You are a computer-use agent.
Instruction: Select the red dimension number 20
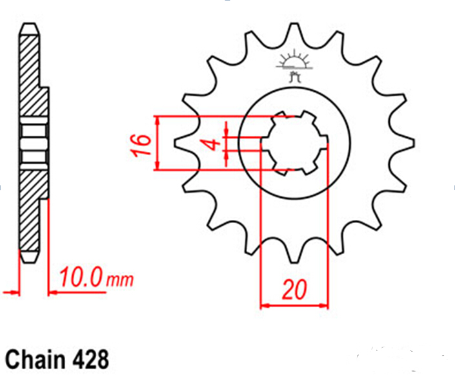pyautogui.click(x=294, y=290)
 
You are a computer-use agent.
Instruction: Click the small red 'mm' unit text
pyautogui.click(x=120, y=280)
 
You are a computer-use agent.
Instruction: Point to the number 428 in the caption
pyautogui.click(x=90, y=359)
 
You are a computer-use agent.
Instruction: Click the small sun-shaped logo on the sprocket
pyautogui.click(x=294, y=65)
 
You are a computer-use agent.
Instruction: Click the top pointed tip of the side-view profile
pyautogui.click(x=29, y=24)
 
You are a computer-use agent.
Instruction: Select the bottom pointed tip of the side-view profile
pyautogui.click(x=29, y=262)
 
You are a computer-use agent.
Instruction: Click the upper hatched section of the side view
pyautogui.click(x=32, y=76)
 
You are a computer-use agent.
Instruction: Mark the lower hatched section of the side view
pyautogui.click(x=32, y=209)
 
